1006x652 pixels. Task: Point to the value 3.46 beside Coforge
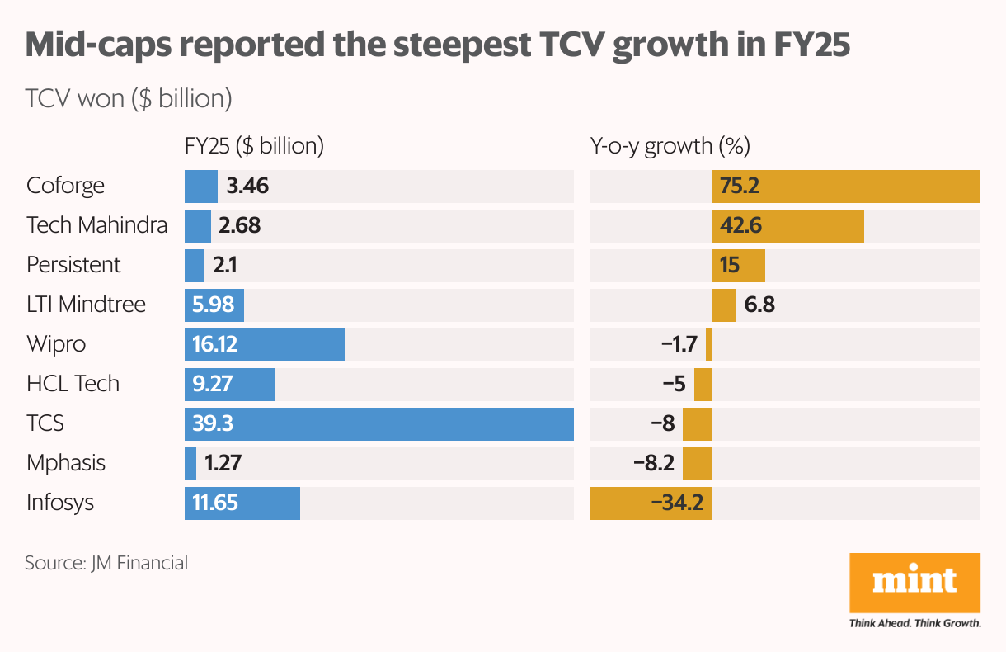coord(247,187)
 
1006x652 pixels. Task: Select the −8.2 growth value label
coord(654,464)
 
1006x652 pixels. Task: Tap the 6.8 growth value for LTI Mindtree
coord(759,305)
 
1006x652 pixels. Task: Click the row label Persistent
coord(73,266)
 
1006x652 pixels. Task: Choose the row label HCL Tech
coord(73,385)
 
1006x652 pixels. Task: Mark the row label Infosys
coord(60,503)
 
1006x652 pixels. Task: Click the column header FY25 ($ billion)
coord(254,147)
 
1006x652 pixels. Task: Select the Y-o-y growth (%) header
coord(670,147)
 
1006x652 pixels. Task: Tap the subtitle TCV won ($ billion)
coord(128,99)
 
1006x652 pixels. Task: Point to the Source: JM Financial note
coord(106,564)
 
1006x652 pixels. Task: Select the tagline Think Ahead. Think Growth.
coord(914,623)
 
